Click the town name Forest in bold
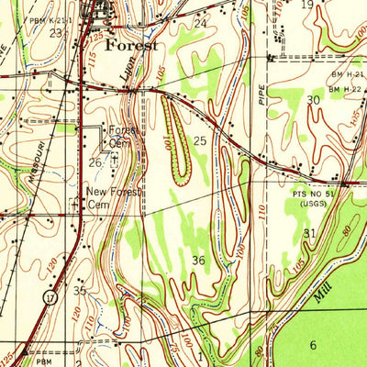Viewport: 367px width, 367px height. pyautogui.click(x=131, y=44)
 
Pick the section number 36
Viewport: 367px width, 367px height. pyautogui.click(x=199, y=261)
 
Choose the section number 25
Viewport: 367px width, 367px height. pyautogui.click(x=200, y=140)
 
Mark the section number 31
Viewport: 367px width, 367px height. pyautogui.click(x=309, y=234)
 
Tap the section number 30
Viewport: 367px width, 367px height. pyautogui.click(x=313, y=100)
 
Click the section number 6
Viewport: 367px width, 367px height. pyautogui.click(x=312, y=344)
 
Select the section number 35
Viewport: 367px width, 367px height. pyautogui.click(x=81, y=291)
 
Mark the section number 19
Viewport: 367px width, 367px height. pyautogui.click(x=307, y=5)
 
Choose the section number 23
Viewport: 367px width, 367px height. pyautogui.click(x=57, y=33)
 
